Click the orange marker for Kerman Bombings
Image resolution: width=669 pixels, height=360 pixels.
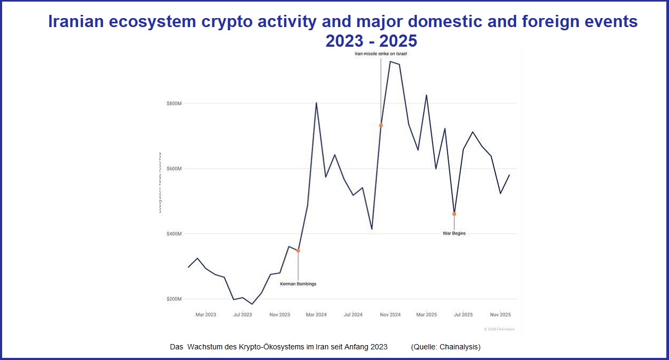(298, 251)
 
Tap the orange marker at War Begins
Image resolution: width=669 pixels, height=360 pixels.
(454, 214)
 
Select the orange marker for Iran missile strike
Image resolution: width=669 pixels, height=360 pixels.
(381, 125)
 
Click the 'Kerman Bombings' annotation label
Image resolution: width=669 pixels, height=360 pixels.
(298, 284)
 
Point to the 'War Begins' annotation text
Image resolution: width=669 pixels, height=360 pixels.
(454, 233)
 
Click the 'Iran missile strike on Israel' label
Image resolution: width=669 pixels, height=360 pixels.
(381, 54)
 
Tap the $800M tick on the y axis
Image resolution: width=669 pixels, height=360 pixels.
(174, 103)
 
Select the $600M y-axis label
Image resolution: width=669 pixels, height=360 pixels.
(174, 168)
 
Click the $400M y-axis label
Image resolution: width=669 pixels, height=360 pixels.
(174, 234)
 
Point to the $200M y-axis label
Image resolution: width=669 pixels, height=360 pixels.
(174, 299)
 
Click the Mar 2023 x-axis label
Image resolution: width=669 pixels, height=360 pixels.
(205, 315)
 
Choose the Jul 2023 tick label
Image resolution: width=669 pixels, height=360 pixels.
(243, 315)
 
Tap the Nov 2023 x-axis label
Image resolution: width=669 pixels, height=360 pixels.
(280, 315)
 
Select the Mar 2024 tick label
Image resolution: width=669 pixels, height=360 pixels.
(316, 315)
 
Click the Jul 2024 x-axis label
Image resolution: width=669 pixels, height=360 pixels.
(353, 315)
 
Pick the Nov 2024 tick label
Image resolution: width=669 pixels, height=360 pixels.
(390, 315)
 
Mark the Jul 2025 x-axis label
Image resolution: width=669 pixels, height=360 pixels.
(463, 315)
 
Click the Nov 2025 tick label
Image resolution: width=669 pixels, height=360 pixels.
(500, 315)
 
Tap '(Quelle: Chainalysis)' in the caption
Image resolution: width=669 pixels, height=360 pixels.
(445, 347)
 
